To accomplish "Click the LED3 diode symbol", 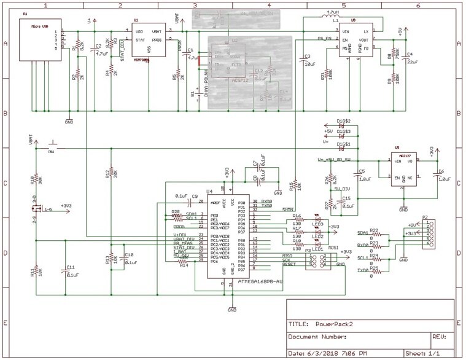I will pos(318,219).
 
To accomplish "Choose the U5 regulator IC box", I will pos(403,169).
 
